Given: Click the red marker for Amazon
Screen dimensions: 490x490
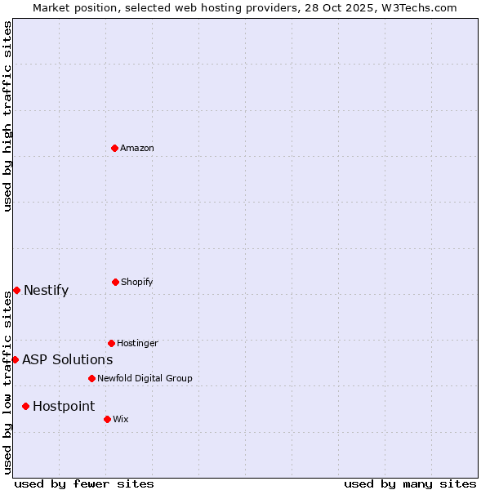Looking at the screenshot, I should coord(114,148).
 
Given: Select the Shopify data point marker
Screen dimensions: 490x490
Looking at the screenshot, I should coord(115,282).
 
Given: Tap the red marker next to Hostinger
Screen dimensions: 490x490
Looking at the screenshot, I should coord(111,343).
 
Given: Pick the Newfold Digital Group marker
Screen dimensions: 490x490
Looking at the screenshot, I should coord(91,378).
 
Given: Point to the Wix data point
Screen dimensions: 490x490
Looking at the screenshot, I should coord(107,419).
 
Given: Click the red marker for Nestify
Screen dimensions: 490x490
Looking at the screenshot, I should coord(16,290).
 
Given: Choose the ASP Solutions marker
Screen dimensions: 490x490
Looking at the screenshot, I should coord(15,359).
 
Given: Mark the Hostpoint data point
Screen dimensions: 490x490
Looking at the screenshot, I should coord(25,406).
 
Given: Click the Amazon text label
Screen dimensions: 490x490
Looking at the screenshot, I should coord(137,148).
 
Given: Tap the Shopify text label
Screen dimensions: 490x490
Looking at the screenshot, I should coord(137,282).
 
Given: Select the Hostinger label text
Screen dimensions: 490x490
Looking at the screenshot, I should coord(137,343).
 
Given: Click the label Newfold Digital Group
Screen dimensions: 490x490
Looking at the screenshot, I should coord(145,378).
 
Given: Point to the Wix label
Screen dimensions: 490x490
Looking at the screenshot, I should coord(121,419).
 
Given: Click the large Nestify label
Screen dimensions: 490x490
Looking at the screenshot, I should coord(47,290).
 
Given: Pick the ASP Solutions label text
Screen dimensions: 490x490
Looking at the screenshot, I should coord(68,359).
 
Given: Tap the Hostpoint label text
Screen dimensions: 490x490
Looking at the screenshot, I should coord(64,406).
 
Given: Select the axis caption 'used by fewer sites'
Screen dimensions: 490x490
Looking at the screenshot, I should coord(84,483).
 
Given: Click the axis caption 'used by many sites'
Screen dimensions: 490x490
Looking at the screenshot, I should coord(410,483).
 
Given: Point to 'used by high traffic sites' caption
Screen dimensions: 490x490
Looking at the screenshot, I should coord(7,116).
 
